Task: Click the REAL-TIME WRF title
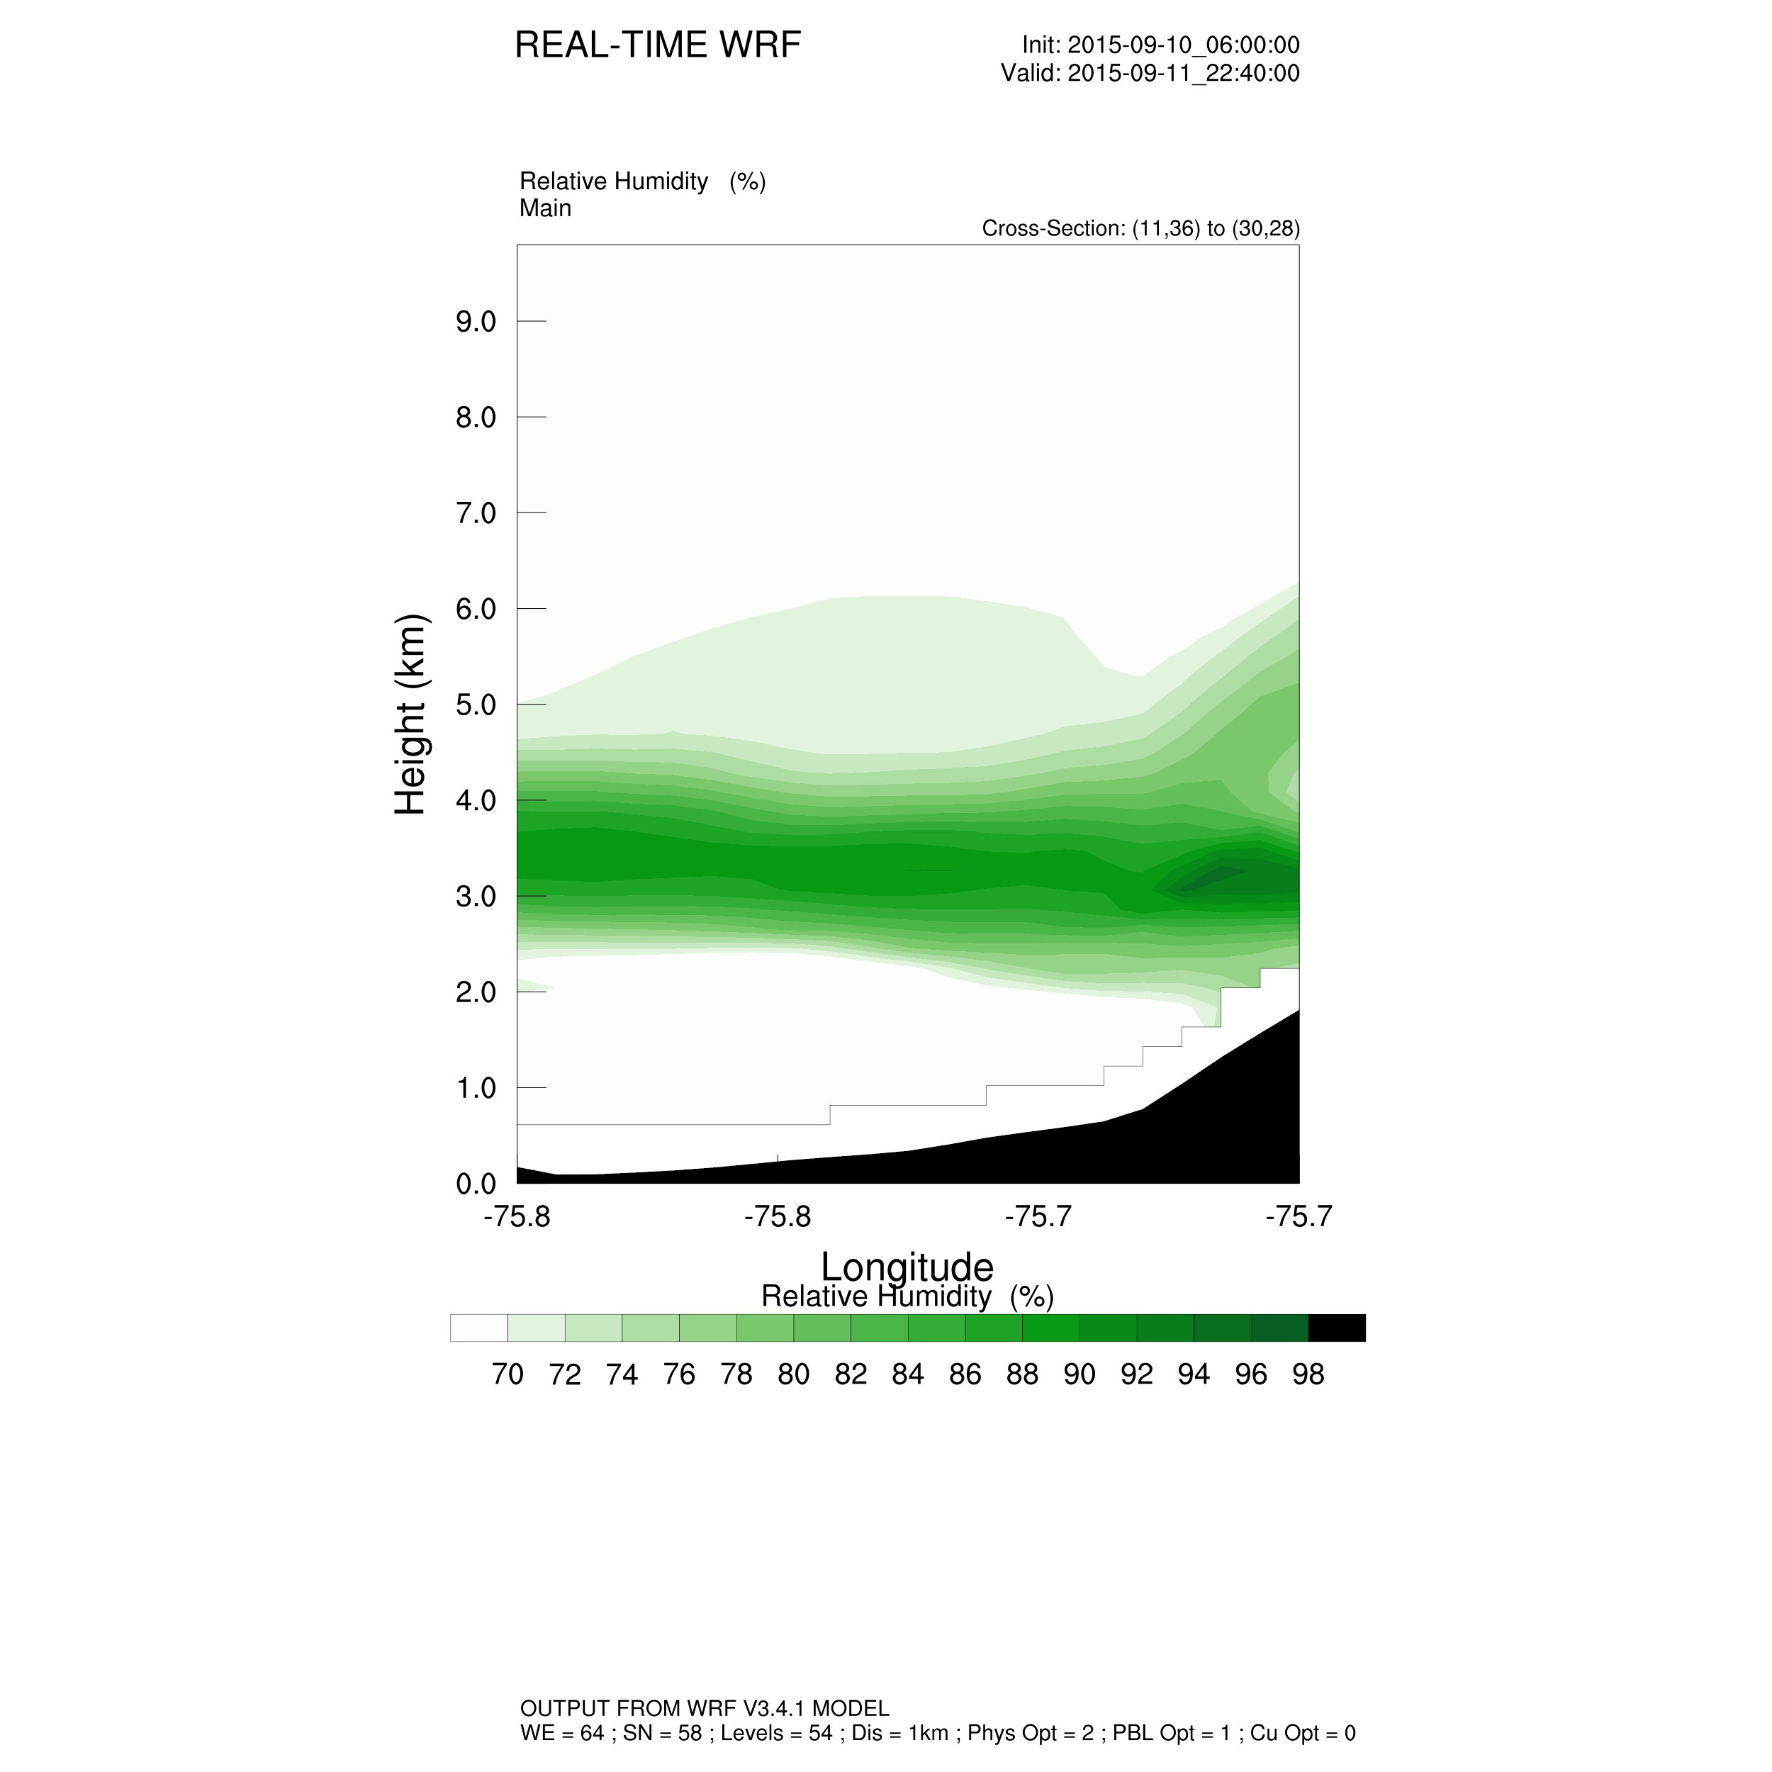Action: [x=658, y=45]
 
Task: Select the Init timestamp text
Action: [x=1160, y=45]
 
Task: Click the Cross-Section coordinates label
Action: [x=1140, y=228]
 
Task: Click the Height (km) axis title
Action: [x=410, y=714]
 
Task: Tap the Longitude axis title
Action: [x=906, y=1267]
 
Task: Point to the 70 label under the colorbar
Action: [x=508, y=1374]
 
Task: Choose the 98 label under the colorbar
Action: [x=1308, y=1374]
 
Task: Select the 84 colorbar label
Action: [x=907, y=1374]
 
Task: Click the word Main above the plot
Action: [x=545, y=208]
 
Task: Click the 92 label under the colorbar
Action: [x=1136, y=1374]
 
